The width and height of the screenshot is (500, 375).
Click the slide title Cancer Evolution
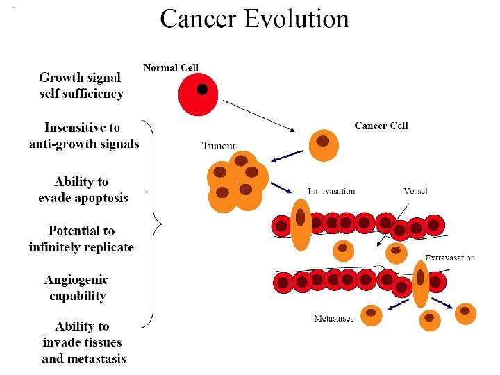pos(254,19)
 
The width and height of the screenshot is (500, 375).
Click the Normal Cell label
pos(171,67)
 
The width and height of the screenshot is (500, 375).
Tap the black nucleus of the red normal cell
pos(202,90)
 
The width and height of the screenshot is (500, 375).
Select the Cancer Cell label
pos(381,126)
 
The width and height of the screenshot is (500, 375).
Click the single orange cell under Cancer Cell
pos(323,144)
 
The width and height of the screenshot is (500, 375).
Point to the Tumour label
pos(219,146)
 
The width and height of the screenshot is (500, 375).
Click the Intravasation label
pos(331,191)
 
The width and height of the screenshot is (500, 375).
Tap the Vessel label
pos(415,191)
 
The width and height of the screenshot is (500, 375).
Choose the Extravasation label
pos(450,258)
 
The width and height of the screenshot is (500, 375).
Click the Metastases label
pos(333,319)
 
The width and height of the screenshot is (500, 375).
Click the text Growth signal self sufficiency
pos(81,85)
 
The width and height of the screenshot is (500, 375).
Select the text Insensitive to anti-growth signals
pos(83,135)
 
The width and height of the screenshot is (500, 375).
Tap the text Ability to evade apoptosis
pos(83,190)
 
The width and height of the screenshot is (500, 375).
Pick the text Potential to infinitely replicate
pos(81,238)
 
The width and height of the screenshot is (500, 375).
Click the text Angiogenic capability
pos(77,287)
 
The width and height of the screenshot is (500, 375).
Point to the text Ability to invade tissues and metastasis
pos(83,342)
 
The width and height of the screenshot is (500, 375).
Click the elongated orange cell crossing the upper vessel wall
pos(301,224)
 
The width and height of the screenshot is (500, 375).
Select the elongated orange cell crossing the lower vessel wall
pos(420,283)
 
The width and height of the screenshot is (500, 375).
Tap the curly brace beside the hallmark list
pos(158,222)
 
